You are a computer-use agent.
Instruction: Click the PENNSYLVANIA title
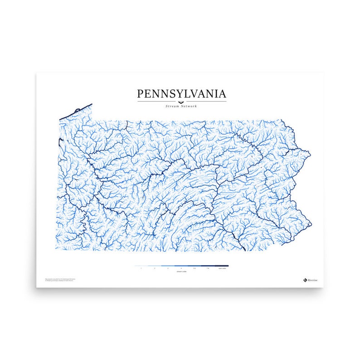click(181, 94)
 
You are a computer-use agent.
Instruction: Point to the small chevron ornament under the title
click(181, 102)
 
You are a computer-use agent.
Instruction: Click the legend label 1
click(141, 269)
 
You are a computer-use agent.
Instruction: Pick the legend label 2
click(155, 269)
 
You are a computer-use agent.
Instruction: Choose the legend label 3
click(168, 269)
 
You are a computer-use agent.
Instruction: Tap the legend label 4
click(181, 269)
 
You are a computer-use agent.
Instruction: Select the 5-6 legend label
click(195, 269)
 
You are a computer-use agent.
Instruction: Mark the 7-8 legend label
click(208, 269)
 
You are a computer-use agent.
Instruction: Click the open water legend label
click(221, 269)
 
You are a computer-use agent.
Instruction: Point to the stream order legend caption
click(181, 273)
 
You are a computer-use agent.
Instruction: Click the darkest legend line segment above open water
click(221, 266)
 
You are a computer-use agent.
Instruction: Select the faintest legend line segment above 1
click(141, 266)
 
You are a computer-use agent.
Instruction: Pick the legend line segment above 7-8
click(208, 266)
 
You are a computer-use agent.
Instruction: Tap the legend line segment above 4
click(181, 266)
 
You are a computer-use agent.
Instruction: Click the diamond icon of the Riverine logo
click(305, 280)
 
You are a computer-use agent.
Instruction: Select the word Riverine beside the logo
click(313, 280)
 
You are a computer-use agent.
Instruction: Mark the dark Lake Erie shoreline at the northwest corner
click(75, 112)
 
